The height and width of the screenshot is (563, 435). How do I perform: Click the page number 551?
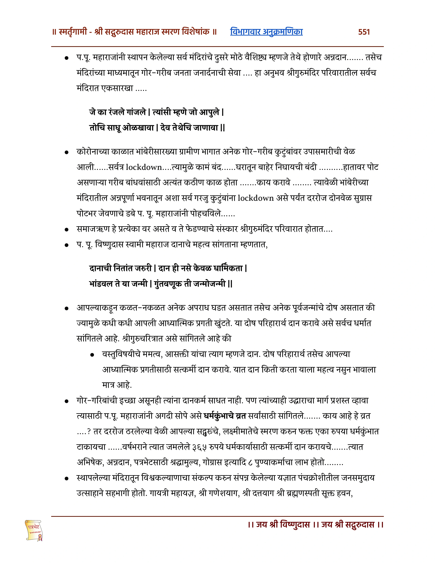tap(364, 32)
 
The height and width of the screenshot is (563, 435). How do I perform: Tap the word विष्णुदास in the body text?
tap(109, 244)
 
